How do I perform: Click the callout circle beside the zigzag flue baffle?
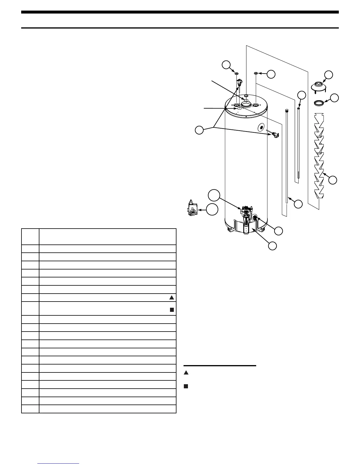[333, 180]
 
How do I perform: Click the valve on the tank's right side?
[275, 135]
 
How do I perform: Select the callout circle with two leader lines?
[199, 130]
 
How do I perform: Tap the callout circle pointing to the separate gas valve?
[212, 210]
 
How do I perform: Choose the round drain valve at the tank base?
[254, 218]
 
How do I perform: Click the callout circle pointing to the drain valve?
[279, 231]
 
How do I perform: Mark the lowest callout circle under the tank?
[272, 246]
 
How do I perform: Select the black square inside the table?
[172, 309]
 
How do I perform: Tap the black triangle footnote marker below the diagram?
[186, 373]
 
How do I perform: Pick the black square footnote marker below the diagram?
[186, 386]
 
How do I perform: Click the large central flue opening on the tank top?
[245, 105]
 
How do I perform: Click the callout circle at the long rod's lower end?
[298, 204]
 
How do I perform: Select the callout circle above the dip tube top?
[301, 95]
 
